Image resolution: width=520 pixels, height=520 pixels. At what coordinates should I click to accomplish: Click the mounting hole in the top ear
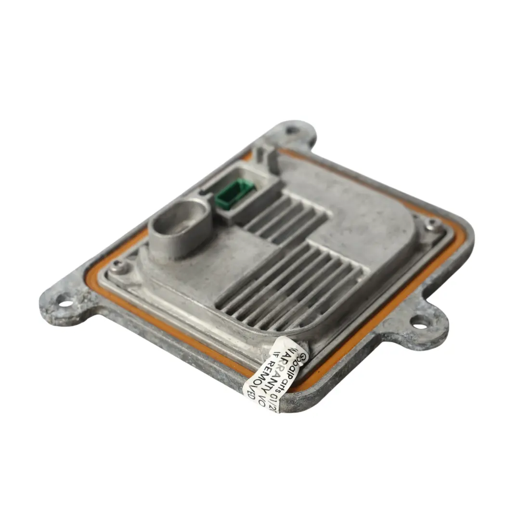[x=292, y=130]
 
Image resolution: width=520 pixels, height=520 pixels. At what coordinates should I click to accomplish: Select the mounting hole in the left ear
[x=65, y=303]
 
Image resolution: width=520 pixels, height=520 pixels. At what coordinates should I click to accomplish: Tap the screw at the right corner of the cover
[x=432, y=223]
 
